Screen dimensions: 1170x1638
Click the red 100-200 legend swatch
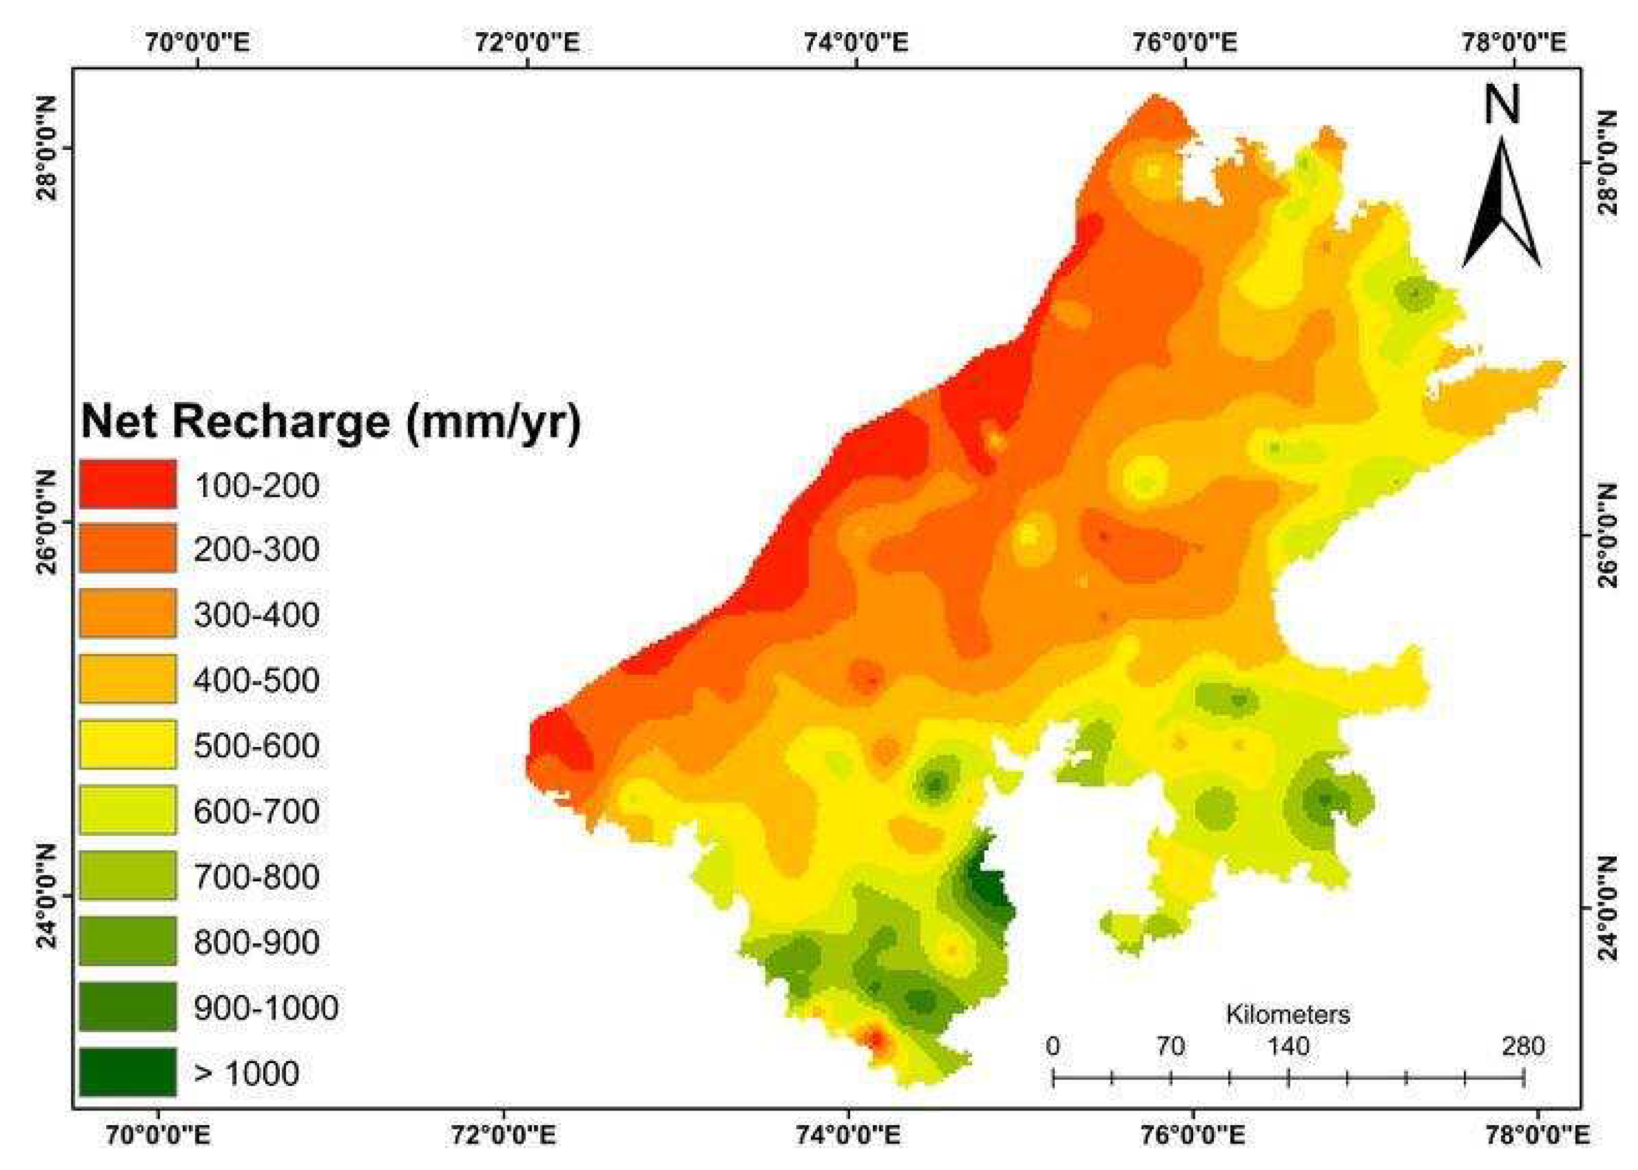(x=127, y=484)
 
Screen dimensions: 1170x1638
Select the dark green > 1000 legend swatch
(x=127, y=1071)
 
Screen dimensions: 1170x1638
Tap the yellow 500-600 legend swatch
(x=127, y=744)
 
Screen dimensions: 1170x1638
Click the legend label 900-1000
(x=266, y=1007)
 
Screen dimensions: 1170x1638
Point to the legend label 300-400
(x=257, y=615)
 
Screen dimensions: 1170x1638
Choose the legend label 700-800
(x=257, y=876)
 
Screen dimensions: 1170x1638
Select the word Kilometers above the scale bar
(x=1288, y=1015)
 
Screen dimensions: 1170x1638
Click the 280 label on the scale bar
(x=1523, y=1046)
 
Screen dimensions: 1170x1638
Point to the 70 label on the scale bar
(x=1171, y=1046)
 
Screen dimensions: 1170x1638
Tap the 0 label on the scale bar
(x=1052, y=1046)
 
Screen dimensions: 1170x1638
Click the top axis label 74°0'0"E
(x=856, y=42)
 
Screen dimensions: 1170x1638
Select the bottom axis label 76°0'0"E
(x=1194, y=1137)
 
